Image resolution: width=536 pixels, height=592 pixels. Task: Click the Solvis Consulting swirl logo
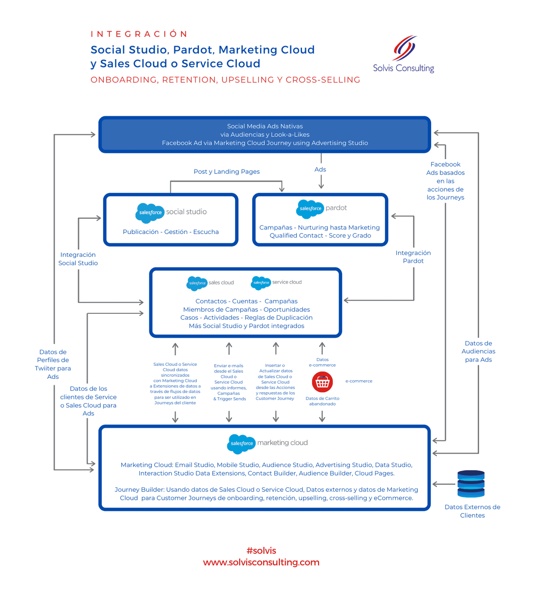tap(405, 48)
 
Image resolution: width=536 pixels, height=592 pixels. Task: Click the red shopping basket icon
tap(322, 382)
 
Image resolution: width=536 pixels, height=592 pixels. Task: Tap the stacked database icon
tap(471, 484)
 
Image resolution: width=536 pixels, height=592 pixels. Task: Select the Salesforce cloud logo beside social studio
tap(149, 213)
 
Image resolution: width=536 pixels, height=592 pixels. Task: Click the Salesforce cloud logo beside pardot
tap(310, 209)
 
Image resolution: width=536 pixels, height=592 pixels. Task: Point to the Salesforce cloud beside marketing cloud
tap(241, 443)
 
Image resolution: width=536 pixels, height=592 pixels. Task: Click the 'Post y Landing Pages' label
tap(227, 172)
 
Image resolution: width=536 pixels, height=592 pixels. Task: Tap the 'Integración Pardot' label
tap(413, 257)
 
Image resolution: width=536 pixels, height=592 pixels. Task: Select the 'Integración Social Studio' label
tap(78, 259)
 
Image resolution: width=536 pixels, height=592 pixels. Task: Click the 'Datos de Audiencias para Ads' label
tap(478, 351)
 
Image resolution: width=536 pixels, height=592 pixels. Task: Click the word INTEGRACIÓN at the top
tap(139, 34)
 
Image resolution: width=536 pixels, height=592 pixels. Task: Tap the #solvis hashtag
tap(261, 551)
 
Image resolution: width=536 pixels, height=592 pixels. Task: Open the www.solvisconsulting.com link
tap(261, 562)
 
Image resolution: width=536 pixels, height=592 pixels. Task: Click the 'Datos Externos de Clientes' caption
tap(472, 511)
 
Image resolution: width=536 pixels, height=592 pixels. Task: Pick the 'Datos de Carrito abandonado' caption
tap(322, 401)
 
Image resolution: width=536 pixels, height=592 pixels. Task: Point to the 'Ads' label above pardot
tap(320, 169)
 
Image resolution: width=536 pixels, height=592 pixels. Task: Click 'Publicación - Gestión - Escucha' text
tap(170, 232)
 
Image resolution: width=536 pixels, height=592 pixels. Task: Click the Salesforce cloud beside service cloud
tap(261, 283)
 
